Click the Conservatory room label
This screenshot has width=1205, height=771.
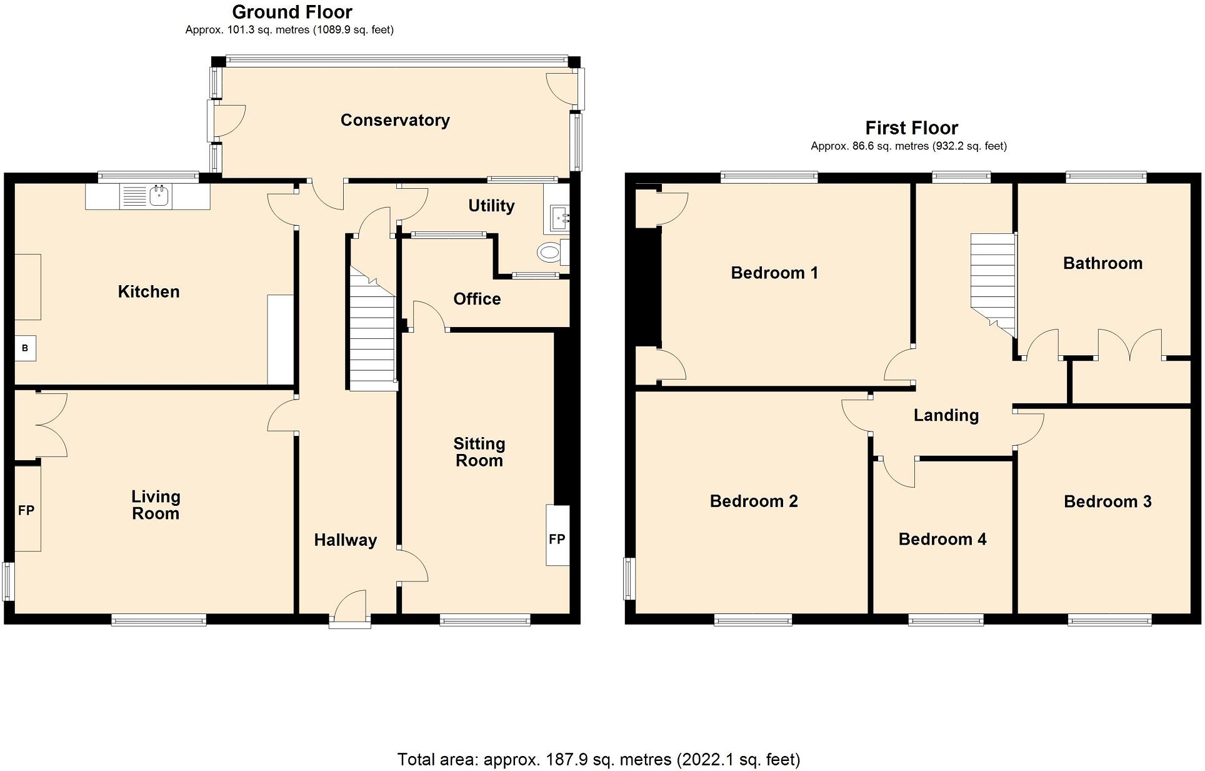coord(395,120)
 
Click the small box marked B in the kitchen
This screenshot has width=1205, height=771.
coord(25,348)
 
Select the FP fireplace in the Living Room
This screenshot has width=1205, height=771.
coord(27,510)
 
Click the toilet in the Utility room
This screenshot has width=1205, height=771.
coord(549,253)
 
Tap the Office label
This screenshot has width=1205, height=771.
coord(477,299)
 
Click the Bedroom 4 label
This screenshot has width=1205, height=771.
coord(942,539)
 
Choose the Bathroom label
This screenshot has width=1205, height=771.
coord(1102,263)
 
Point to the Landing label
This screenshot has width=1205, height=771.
coord(946,415)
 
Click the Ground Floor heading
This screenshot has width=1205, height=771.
coord(292,12)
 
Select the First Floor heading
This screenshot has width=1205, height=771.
coord(911,128)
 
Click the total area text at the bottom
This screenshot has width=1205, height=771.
coord(598,759)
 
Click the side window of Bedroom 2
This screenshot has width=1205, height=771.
coord(630,579)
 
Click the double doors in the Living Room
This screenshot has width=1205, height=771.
coord(50,425)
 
